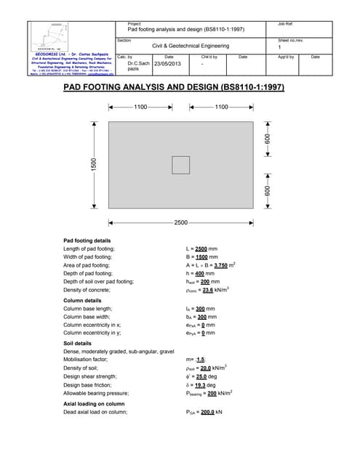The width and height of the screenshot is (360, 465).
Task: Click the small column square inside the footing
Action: click(x=180, y=166)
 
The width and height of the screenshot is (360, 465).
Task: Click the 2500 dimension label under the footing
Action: click(x=180, y=221)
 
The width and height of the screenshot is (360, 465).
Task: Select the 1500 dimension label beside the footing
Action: click(x=93, y=165)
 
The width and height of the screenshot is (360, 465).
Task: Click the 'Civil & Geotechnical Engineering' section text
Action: click(x=191, y=46)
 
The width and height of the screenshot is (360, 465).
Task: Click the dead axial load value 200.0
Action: click(x=212, y=412)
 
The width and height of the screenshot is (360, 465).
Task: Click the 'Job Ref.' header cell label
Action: click(x=285, y=24)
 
